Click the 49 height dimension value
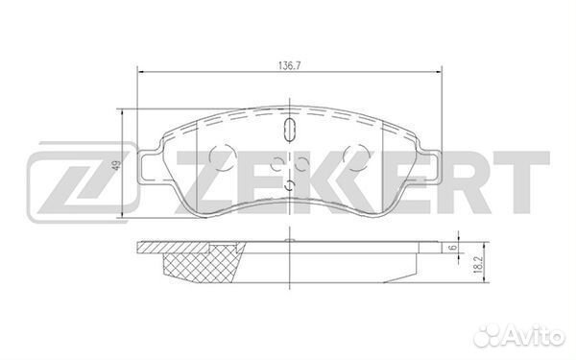click(x=115, y=166)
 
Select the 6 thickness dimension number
click(x=451, y=249)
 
